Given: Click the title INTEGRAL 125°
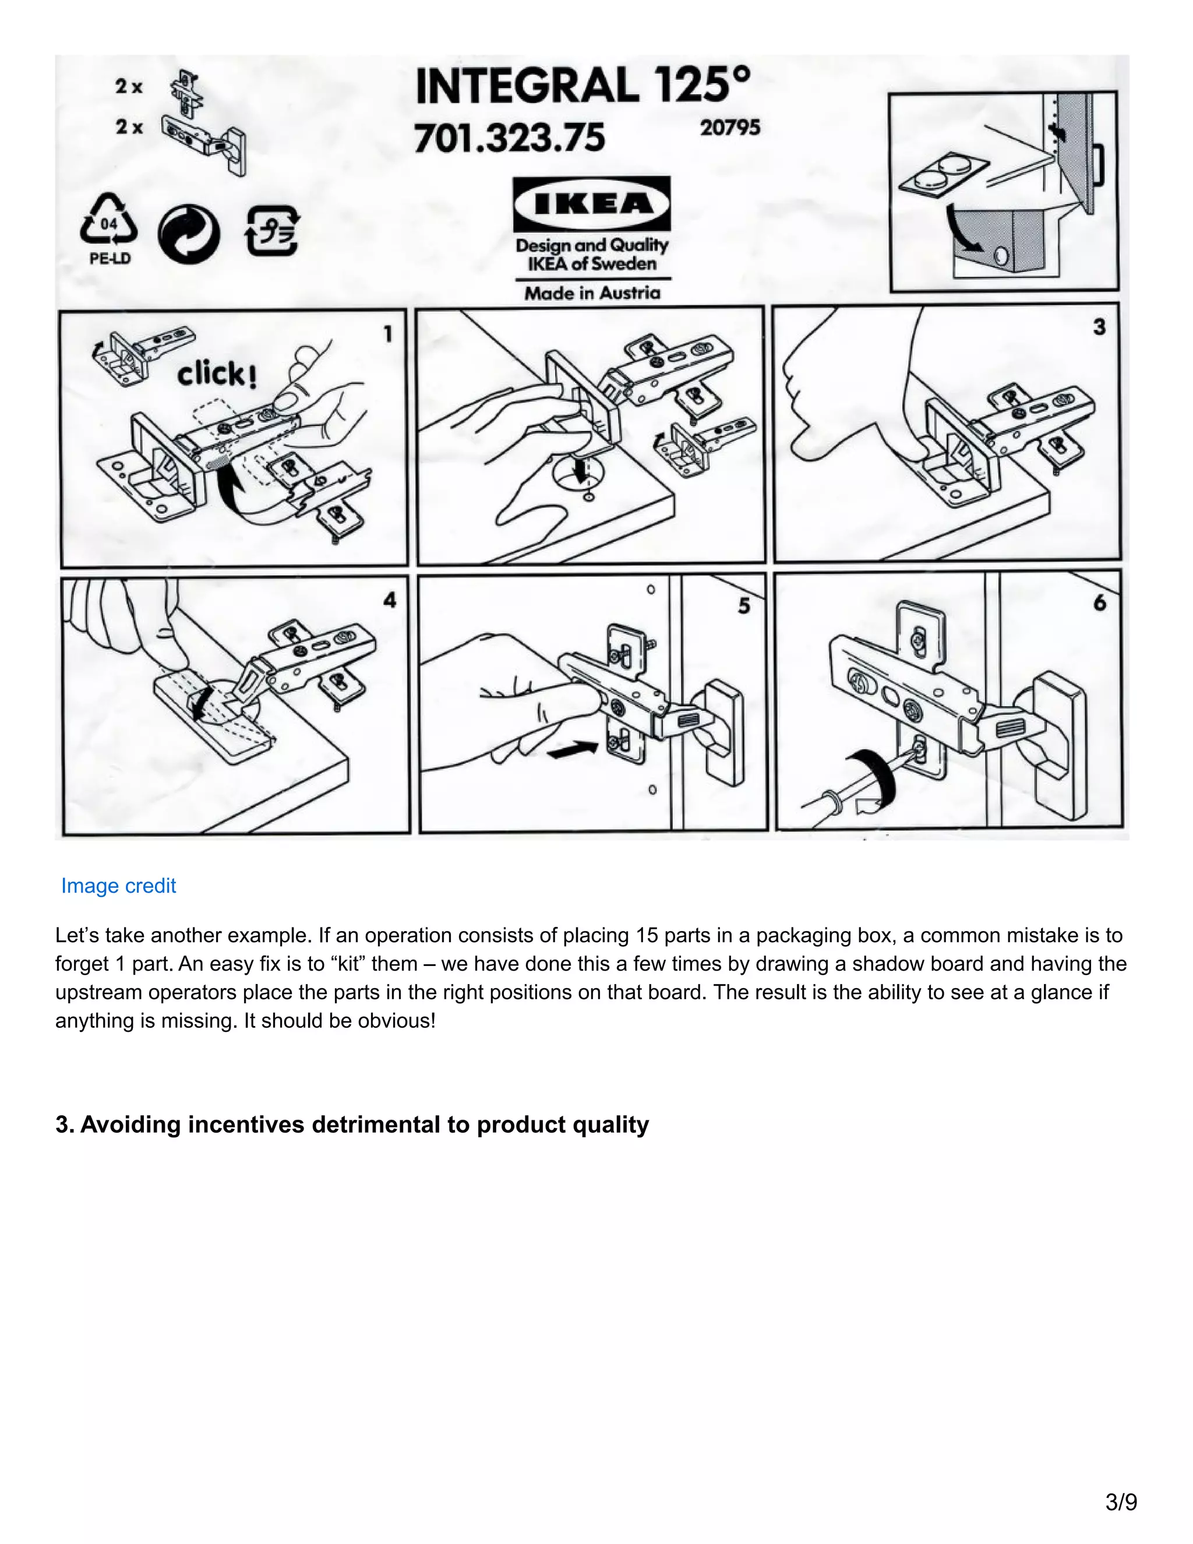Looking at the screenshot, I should (583, 86).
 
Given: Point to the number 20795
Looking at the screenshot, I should (730, 128).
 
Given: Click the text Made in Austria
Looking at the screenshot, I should (592, 292).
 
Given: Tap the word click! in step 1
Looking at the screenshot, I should (216, 373).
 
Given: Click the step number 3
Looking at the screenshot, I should (1099, 327).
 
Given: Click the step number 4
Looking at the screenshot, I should (390, 600).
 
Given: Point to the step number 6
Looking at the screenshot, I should (1100, 603).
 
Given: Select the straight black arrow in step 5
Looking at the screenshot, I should (573, 749).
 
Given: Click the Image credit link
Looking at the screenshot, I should (118, 886).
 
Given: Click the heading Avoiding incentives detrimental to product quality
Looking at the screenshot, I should (352, 1124).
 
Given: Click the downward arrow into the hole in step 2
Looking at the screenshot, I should (583, 471).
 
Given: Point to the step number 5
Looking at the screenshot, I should (743, 606).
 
